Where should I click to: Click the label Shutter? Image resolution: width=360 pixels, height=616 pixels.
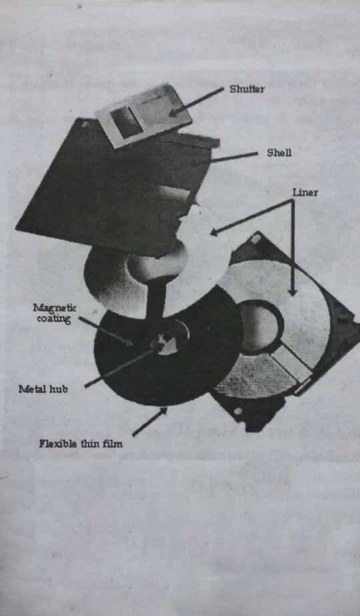tap(247, 89)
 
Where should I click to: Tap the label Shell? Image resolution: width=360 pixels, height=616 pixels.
tap(279, 153)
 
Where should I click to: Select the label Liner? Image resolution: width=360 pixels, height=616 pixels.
tap(305, 193)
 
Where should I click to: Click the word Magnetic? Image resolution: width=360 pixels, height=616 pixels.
tap(55, 308)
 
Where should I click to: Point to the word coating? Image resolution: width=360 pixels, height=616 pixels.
tap(53, 319)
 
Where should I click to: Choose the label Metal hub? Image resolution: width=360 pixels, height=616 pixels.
tap(43, 389)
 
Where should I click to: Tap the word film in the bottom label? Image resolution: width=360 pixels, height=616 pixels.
tap(112, 443)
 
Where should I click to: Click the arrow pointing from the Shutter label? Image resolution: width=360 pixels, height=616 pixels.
tap(196, 102)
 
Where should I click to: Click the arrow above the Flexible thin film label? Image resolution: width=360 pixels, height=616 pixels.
tap(149, 422)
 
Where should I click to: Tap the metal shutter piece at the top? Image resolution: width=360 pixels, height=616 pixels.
tap(143, 115)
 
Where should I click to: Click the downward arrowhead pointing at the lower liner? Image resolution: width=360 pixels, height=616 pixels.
tap(292, 291)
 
